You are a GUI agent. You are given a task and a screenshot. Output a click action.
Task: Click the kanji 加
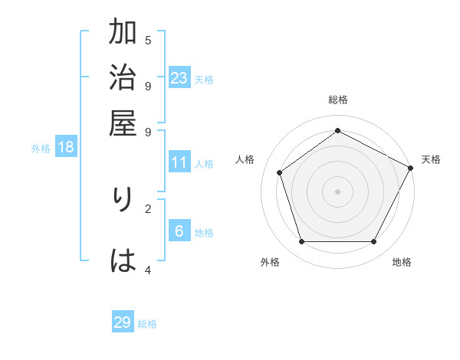[123, 33]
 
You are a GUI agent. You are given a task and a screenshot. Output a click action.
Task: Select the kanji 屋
[123, 123]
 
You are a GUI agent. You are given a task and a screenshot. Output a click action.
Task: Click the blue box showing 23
[179, 78]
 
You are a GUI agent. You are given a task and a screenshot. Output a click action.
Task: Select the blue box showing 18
[66, 147]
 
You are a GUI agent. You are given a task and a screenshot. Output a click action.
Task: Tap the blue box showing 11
[179, 162]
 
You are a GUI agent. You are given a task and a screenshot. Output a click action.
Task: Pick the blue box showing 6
[179, 232]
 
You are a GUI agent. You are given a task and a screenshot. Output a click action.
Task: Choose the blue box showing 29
[123, 322]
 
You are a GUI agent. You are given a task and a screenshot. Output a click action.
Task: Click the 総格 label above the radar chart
[337, 100]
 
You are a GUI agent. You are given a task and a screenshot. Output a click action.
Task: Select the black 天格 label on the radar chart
[431, 159]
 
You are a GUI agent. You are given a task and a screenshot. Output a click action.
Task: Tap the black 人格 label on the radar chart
[245, 159]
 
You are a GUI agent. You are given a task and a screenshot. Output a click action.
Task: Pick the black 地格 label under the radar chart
[402, 263]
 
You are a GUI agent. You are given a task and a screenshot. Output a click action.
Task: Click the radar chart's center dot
[337, 191]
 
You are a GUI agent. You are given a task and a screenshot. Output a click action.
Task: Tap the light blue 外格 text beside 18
[41, 149]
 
